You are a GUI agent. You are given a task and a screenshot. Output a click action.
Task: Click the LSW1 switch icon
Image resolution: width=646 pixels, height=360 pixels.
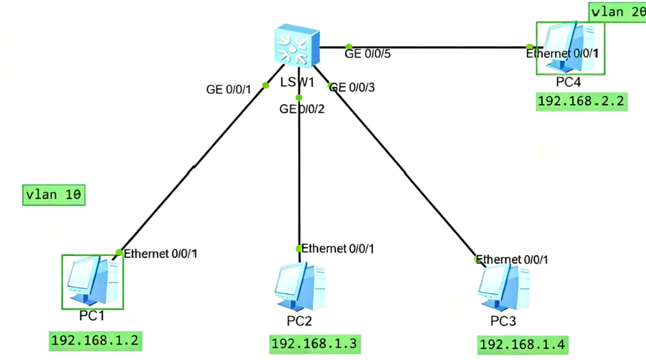[x=296, y=46]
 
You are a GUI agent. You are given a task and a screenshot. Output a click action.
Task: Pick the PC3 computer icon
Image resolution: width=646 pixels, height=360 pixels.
[x=504, y=288]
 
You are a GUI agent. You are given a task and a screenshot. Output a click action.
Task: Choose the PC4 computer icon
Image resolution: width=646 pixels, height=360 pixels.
[x=571, y=47]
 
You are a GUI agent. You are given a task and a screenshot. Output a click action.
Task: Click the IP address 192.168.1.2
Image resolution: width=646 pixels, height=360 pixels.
[x=95, y=340]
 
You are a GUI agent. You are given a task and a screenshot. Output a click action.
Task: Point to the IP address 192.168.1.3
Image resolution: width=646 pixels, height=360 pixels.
[x=315, y=344]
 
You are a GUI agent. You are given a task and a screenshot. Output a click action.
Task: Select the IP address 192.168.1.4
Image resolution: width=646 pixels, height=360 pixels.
[x=524, y=344]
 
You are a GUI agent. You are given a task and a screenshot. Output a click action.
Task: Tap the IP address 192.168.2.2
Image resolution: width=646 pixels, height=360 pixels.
[x=582, y=102]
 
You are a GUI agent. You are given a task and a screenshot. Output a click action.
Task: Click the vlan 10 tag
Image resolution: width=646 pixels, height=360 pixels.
[x=54, y=195]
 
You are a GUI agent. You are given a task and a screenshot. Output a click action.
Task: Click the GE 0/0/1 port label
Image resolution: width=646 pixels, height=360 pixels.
[x=229, y=89]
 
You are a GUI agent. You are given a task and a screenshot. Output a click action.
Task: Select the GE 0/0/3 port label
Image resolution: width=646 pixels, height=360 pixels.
[x=352, y=87]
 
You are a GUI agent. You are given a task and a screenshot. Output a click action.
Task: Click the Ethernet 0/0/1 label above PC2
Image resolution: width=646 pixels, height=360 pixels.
[x=338, y=248]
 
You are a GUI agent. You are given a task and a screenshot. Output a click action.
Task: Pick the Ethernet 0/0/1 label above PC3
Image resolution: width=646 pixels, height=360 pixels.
[x=512, y=259]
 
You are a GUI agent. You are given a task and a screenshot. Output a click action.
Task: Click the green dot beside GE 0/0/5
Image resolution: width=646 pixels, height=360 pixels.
[x=348, y=47]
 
